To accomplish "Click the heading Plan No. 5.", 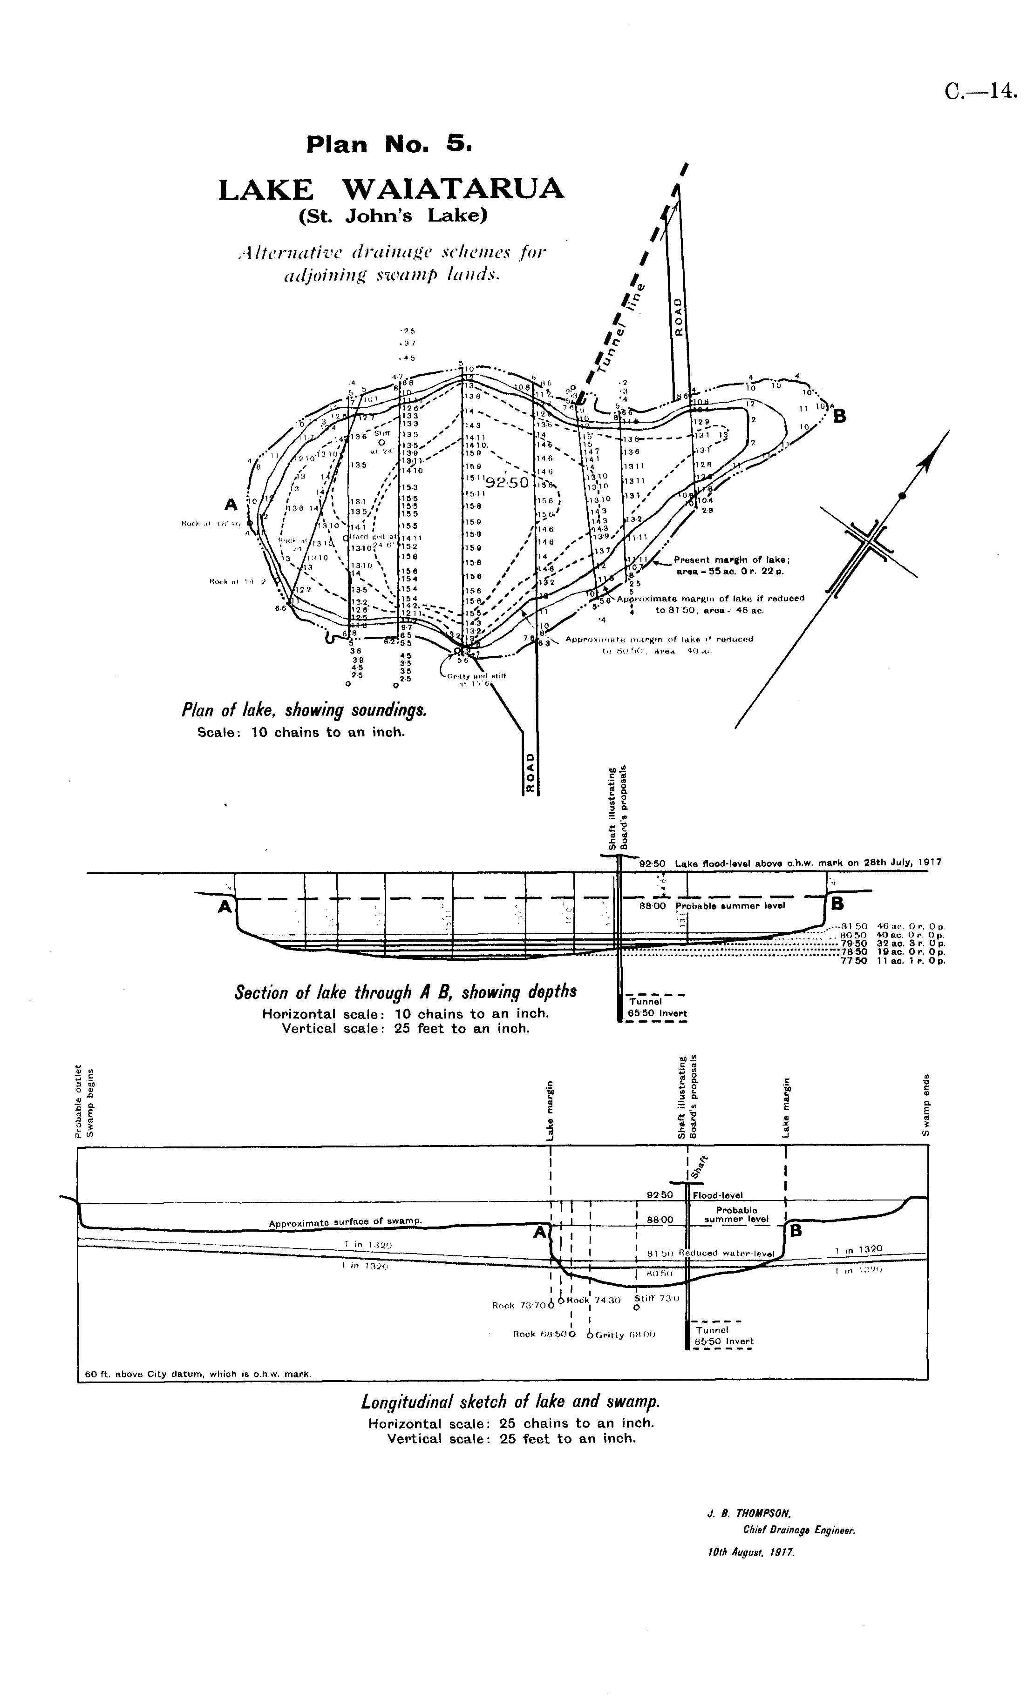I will (x=389, y=144).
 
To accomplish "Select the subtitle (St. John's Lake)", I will (x=393, y=216).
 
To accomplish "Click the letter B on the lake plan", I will (x=839, y=417).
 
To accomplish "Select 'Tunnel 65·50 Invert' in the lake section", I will (x=657, y=1007).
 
